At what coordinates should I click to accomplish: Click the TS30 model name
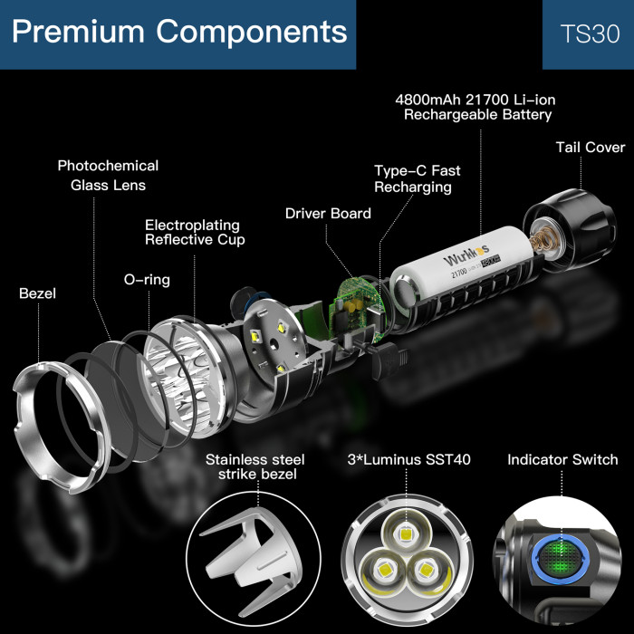tap(590, 34)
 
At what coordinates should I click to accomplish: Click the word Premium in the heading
tap(78, 32)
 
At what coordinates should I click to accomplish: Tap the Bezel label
tap(37, 293)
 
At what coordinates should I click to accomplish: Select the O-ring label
tap(147, 280)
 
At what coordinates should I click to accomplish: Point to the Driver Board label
tap(328, 214)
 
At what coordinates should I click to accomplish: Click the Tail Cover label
tap(591, 147)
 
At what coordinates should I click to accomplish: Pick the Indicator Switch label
tap(562, 460)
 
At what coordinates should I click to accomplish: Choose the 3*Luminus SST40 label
tap(408, 460)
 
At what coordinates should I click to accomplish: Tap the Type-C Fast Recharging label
tap(417, 178)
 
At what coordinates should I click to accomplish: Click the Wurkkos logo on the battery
tap(466, 255)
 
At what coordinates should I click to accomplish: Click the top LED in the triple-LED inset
tap(406, 533)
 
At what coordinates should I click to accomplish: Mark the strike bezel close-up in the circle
tap(254, 560)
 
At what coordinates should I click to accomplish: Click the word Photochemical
tap(108, 166)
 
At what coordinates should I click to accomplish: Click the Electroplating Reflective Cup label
tap(195, 232)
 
